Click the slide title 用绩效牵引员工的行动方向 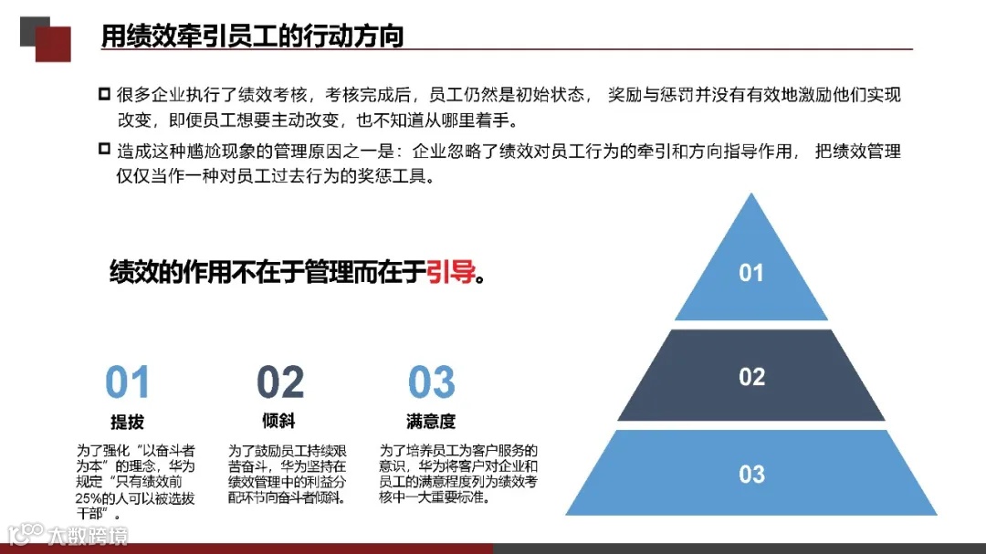click(252, 36)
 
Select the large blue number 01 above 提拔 click(127, 383)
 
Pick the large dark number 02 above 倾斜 click(279, 383)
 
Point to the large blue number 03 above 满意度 click(431, 383)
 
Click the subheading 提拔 click(127, 423)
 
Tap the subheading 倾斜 click(278, 422)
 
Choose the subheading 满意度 click(431, 422)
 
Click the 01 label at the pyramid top click(750, 273)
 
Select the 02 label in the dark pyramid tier click(751, 377)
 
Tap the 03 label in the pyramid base click(751, 474)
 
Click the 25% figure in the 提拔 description click(90, 498)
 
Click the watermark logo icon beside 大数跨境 click(26, 533)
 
